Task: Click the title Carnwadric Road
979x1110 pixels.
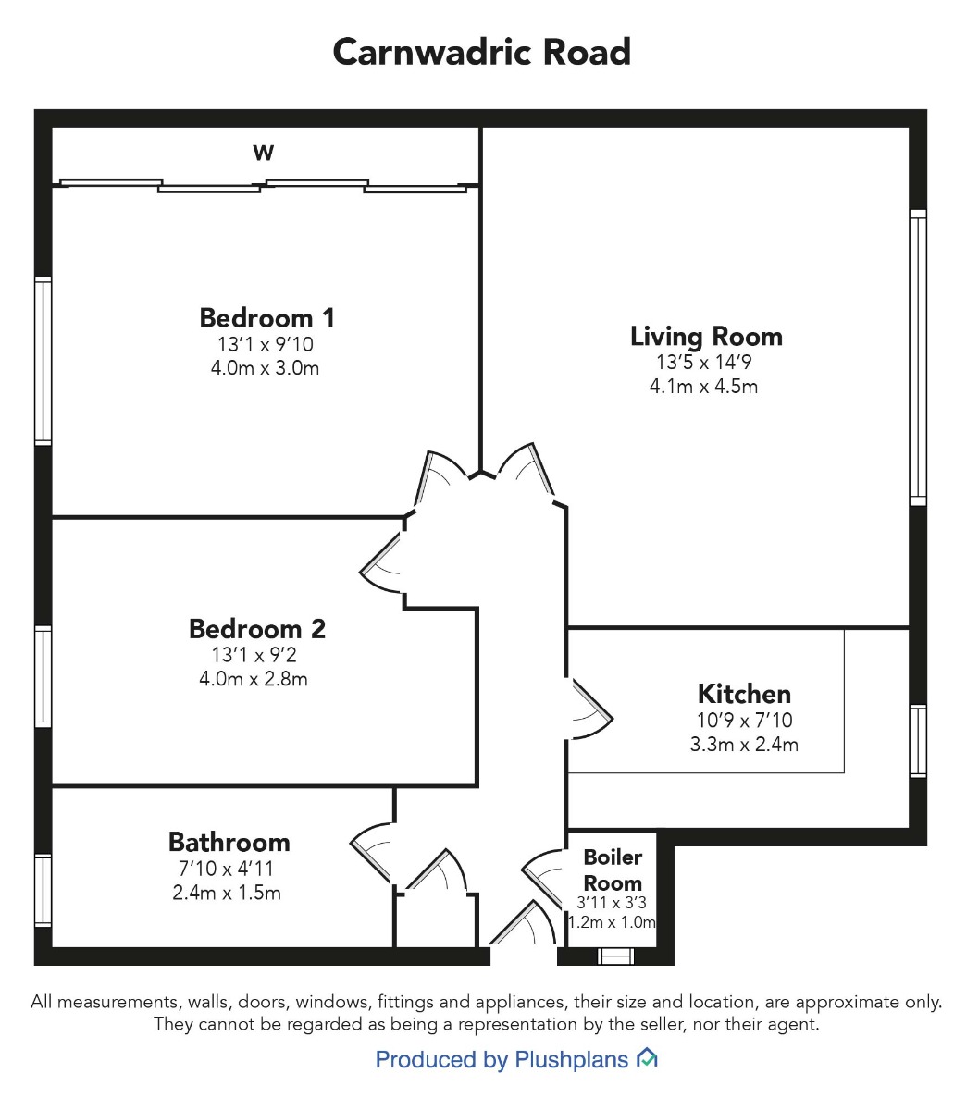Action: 481,52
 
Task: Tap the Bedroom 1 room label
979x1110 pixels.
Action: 266,318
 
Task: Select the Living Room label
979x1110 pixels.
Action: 706,337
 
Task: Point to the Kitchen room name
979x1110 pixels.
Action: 744,694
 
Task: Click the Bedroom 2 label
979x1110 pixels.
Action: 257,629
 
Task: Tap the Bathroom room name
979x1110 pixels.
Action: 229,842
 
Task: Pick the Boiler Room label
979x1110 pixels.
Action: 613,869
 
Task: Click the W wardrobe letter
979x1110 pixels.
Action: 263,153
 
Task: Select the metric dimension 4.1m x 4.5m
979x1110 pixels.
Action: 703,387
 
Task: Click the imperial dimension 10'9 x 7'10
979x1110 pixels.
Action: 744,720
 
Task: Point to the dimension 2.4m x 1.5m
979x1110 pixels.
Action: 227,893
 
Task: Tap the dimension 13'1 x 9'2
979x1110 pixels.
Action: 254,654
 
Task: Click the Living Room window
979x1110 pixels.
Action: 918,358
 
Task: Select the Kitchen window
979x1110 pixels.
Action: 918,741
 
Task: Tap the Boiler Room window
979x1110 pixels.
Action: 615,956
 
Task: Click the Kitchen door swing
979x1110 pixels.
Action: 591,709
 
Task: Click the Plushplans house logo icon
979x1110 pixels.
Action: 646,1058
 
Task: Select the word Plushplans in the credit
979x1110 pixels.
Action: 571,1060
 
